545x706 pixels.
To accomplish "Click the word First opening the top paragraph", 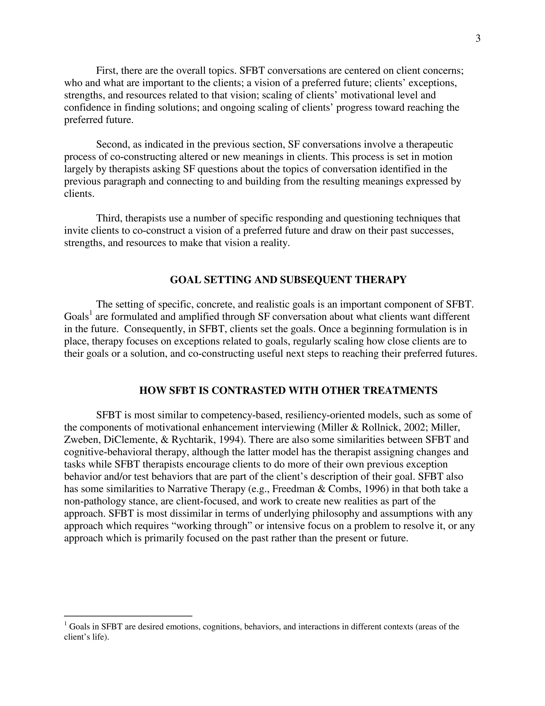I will [x=107, y=71].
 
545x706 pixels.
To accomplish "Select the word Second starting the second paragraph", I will [x=112, y=144].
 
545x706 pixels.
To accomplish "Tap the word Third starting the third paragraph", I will [x=109, y=218].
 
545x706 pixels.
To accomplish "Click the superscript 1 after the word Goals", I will [x=91, y=313].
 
